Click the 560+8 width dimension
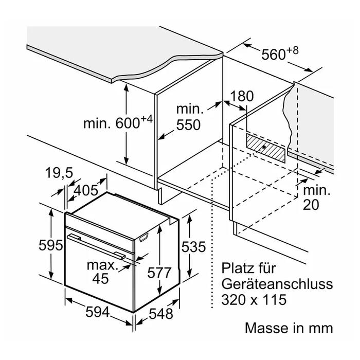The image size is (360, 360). tap(281, 54)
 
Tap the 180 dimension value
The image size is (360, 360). tap(243, 96)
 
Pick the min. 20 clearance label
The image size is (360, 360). tap(316, 198)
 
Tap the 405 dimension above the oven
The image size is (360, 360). tap(86, 190)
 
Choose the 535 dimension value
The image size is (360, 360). tap(193, 247)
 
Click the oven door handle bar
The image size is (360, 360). tap(98, 245)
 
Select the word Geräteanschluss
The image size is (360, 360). tap(278, 284)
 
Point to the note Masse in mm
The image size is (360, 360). tap(289, 328)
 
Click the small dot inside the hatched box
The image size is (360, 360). tap(264, 147)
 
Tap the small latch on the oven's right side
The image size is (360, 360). tap(142, 238)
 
